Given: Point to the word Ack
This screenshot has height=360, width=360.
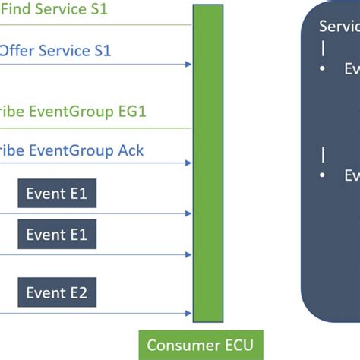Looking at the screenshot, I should (128, 150).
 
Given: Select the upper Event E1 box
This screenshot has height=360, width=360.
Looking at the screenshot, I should (57, 194).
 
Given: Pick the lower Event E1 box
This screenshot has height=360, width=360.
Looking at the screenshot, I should (57, 235).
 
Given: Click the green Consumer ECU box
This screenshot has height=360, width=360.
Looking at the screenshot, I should (201, 345).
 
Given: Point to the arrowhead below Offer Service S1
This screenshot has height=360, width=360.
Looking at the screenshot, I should (188, 65).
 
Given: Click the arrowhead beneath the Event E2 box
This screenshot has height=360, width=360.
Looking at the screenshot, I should (188, 313).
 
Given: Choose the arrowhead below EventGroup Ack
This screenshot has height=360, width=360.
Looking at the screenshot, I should (188, 163).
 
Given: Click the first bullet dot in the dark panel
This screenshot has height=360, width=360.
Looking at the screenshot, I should (324, 68).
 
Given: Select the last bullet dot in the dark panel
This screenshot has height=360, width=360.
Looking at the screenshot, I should (324, 175).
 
